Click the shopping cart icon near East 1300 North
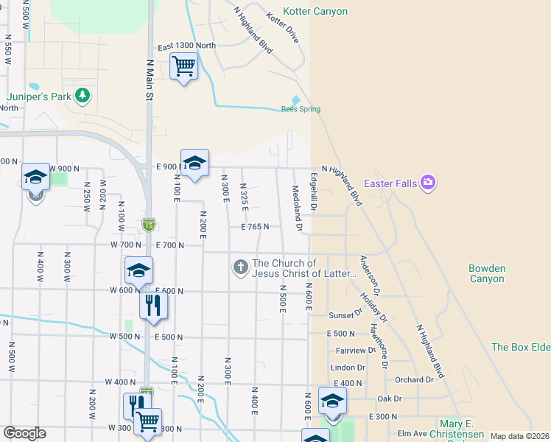point(183,66)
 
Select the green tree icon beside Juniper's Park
point(83,95)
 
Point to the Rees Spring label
point(301,110)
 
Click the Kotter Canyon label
point(317,12)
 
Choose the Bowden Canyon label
point(487,273)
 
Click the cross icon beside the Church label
point(240,267)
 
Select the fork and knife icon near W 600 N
point(152,304)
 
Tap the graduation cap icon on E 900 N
point(194,163)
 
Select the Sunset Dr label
point(345,315)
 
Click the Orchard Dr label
point(414,379)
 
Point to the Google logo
point(24,433)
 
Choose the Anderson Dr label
point(369,271)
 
